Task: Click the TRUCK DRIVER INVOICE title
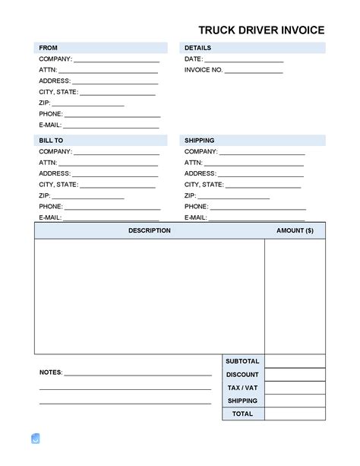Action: pyautogui.click(x=261, y=30)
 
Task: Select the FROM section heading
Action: pyautogui.click(x=48, y=48)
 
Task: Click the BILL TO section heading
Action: pyautogui.click(x=51, y=141)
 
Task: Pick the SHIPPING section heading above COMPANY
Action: pyautogui.click(x=199, y=141)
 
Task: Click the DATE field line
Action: pyautogui.click(x=244, y=59)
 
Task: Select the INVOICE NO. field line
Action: pyautogui.click(x=254, y=71)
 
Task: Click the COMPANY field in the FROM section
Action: pyautogui.click(x=116, y=59)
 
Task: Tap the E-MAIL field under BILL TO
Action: pyautogui.click(x=111, y=218)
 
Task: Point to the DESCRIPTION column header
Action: pyautogui.click(x=149, y=230)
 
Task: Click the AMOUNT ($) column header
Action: pyautogui.click(x=295, y=230)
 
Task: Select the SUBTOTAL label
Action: pyautogui.click(x=242, y=361)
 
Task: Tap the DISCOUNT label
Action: pyautogui.click(x=242, y=375)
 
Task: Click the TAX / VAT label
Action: pyautogui.click(x=242, y=388)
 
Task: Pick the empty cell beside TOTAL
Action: pyautogui.click(x=295, y=414)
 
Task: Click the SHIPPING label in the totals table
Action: pyautogui.click(x=242, y=401)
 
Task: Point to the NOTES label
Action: pyautogui.click(x=51, y=373)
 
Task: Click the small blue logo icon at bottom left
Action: pyautogui.click(x=35, y=439)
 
